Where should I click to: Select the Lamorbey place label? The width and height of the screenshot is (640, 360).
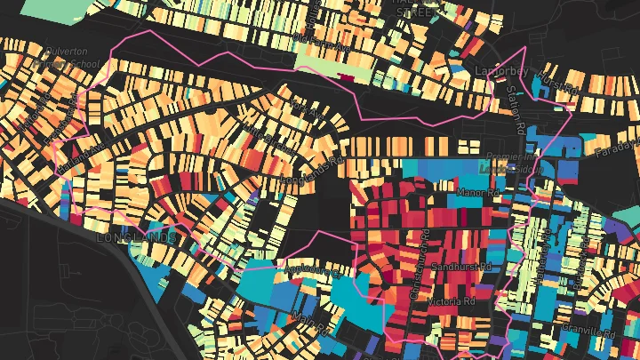pos(502,70)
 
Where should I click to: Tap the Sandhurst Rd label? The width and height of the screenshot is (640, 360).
pos(460,266)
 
